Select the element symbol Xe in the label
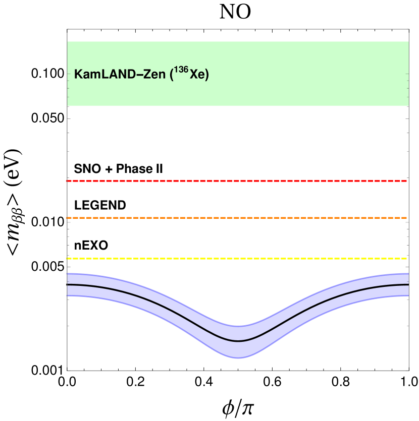[x=196, y=75]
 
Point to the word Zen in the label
[x=152, y=75]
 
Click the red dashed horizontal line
[x=237, y=181]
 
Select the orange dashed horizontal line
[x=237, y=218]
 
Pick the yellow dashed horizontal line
[x=237, y=258]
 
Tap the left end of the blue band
[x=68, y=285]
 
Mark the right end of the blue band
[x=407, y=285]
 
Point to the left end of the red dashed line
[x=68, y=181]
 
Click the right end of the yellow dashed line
[x=406, y=258]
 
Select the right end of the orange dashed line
[x=406, y=218]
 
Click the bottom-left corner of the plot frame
[x=67, y=370]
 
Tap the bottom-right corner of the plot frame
[x=408, y=370]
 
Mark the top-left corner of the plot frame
[x=67, y=29]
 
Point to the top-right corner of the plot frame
[x=408, y=29]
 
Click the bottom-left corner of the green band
[x=68, y=105]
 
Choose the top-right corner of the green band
[x=408, y=42]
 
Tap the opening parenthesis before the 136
[x=172, y=75]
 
